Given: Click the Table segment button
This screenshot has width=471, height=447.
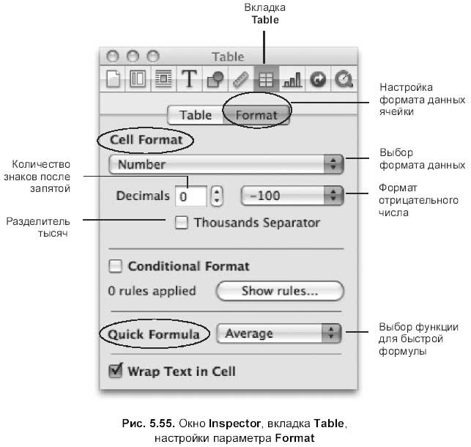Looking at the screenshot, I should coord(196,115).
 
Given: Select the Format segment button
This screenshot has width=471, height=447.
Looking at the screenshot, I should coord(256,115).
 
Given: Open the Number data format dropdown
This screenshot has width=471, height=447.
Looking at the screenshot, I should coord(226,164).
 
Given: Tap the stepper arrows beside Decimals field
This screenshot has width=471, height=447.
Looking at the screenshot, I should coord(217,196).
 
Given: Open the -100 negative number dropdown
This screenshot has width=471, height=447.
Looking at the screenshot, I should coord(292,196).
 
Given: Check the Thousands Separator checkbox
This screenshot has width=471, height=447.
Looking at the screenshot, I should coord(182,222).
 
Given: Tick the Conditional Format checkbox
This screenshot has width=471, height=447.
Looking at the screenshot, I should coord(115,266).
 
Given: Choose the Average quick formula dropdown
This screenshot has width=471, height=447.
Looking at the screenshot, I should coord(281,333).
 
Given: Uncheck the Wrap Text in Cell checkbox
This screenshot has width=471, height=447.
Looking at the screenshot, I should coord(115,371).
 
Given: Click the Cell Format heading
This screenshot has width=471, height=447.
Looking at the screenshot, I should coord(147,139).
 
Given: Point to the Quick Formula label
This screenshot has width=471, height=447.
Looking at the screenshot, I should coord(154,334).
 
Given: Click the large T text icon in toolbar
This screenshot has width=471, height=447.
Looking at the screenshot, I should coord(190,78).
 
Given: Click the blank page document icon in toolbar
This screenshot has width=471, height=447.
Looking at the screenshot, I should coord(114,78).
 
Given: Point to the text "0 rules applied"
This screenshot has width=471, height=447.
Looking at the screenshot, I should coord(152,291).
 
